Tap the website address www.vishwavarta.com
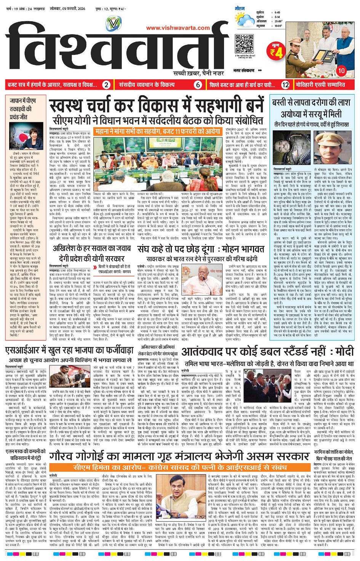point(178,28)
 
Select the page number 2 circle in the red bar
point(107,85)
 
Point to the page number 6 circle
point(198,85)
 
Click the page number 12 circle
point(285,85)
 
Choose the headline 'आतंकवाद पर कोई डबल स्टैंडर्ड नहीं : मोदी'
point(267,352)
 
